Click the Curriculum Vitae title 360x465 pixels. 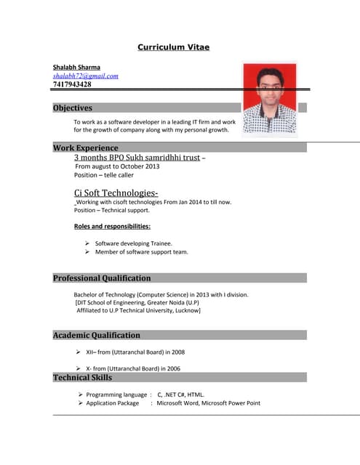(174, 47)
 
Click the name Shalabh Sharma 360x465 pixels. (76, 67)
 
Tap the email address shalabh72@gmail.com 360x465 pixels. (85, 76)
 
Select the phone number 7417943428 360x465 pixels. (72, 84)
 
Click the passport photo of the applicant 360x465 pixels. (270, 98)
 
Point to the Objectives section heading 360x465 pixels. (73, 108)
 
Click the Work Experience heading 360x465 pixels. (85, 147)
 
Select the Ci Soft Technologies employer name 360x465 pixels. (116, 193)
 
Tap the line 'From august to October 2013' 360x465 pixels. (116, 166)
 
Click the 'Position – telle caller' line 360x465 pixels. (104, 175)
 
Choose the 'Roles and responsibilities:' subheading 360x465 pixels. (112, 227)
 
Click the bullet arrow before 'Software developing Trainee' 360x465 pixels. (87, 243)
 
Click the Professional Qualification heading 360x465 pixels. (102, 278)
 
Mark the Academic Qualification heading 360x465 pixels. (97, 335)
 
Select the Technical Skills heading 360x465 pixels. (82, 377)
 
